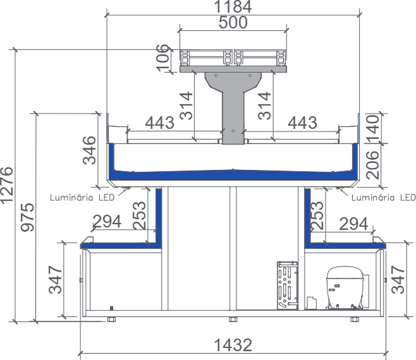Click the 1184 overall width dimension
[x=233, y=6]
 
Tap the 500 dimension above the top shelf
[x=233, y=22]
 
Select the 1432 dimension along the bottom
[x=233, y=345]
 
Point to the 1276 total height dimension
[x=6, y=186]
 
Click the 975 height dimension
[x=28, y=217]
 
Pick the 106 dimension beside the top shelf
[x=162, y=58]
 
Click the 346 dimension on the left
[x=89, y=150]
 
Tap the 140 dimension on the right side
[x=372, y=128]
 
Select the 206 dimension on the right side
[x=372, y=165]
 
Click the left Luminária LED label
[x=82, y=198]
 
